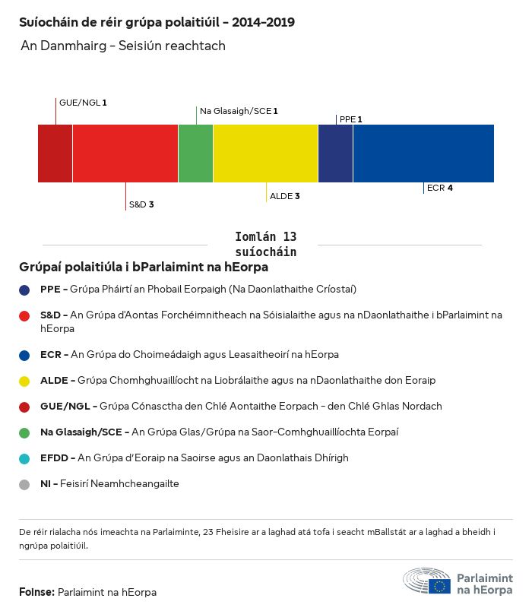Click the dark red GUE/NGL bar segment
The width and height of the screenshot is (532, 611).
tap(55, 154)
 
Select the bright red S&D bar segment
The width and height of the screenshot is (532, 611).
tap(125, 154)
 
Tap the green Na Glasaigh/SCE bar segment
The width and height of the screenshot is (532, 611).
tap(195, 154)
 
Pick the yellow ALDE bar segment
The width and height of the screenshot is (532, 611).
tap(265, 154)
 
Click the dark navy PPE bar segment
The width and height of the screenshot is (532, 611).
tap(335, 154)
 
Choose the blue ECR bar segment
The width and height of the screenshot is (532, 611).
tap(423, 154)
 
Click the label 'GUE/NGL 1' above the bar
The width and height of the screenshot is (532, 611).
tap(83, 102)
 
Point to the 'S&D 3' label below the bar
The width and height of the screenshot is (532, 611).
tap(141, 204)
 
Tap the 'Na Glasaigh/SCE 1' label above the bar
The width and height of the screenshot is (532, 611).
tap(239, 111)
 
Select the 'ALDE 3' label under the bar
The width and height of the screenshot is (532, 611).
tap(285, 196)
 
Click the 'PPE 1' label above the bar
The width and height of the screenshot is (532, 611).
tap(350, 119)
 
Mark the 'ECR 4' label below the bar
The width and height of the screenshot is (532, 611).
tap(440, 188)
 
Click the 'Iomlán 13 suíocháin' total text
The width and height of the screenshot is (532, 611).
tap(265, 244)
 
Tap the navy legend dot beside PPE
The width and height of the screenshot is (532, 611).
tap(25, 290)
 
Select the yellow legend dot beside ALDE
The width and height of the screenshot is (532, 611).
tap(25, 380)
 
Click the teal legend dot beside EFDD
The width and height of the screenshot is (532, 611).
tap(25, 458)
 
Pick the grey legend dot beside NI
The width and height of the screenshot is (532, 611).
tap(25, 484)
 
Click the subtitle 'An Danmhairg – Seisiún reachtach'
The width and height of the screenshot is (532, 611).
tap(123, 46)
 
